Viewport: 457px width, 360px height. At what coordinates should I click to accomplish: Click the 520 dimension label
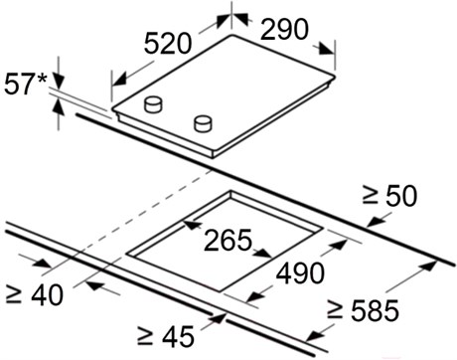(x=168, y=43)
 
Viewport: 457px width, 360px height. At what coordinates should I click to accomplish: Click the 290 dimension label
(x=284, y=29)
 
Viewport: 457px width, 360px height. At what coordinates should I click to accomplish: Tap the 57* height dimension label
(x=26, y=84)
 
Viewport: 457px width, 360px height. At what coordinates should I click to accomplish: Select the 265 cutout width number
(x=228, y=240)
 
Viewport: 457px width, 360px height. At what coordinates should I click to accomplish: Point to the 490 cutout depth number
(x=300, y=273)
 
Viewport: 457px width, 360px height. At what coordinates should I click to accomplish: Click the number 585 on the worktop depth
(x=375, y=310)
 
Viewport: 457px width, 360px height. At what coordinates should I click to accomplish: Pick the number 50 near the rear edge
(x=401, y=196)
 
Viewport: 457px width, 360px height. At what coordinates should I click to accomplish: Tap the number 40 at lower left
(x=47, y=294)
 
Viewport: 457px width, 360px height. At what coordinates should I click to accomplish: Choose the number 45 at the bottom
(x=178, y=336)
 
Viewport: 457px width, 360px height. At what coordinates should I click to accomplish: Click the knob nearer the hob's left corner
(x=153, y=104)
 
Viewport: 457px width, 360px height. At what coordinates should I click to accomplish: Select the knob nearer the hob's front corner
(x=203, y=122)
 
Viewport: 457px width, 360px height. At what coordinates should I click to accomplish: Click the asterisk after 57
(x=42, y=80)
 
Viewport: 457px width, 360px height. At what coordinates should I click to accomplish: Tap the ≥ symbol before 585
(x=335, y=310)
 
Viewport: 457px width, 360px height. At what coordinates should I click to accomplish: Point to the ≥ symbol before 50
(x=370, y=196)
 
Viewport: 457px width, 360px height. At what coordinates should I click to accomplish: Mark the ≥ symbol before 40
(x=14, y=294)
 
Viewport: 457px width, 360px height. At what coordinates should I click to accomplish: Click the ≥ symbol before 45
(x=145, y=336)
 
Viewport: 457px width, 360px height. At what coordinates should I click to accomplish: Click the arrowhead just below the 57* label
(x=59, y=82)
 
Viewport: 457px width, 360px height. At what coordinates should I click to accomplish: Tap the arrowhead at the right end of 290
(x=326, y=49)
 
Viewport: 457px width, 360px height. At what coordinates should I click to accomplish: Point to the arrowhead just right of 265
(x=264, y=253)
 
